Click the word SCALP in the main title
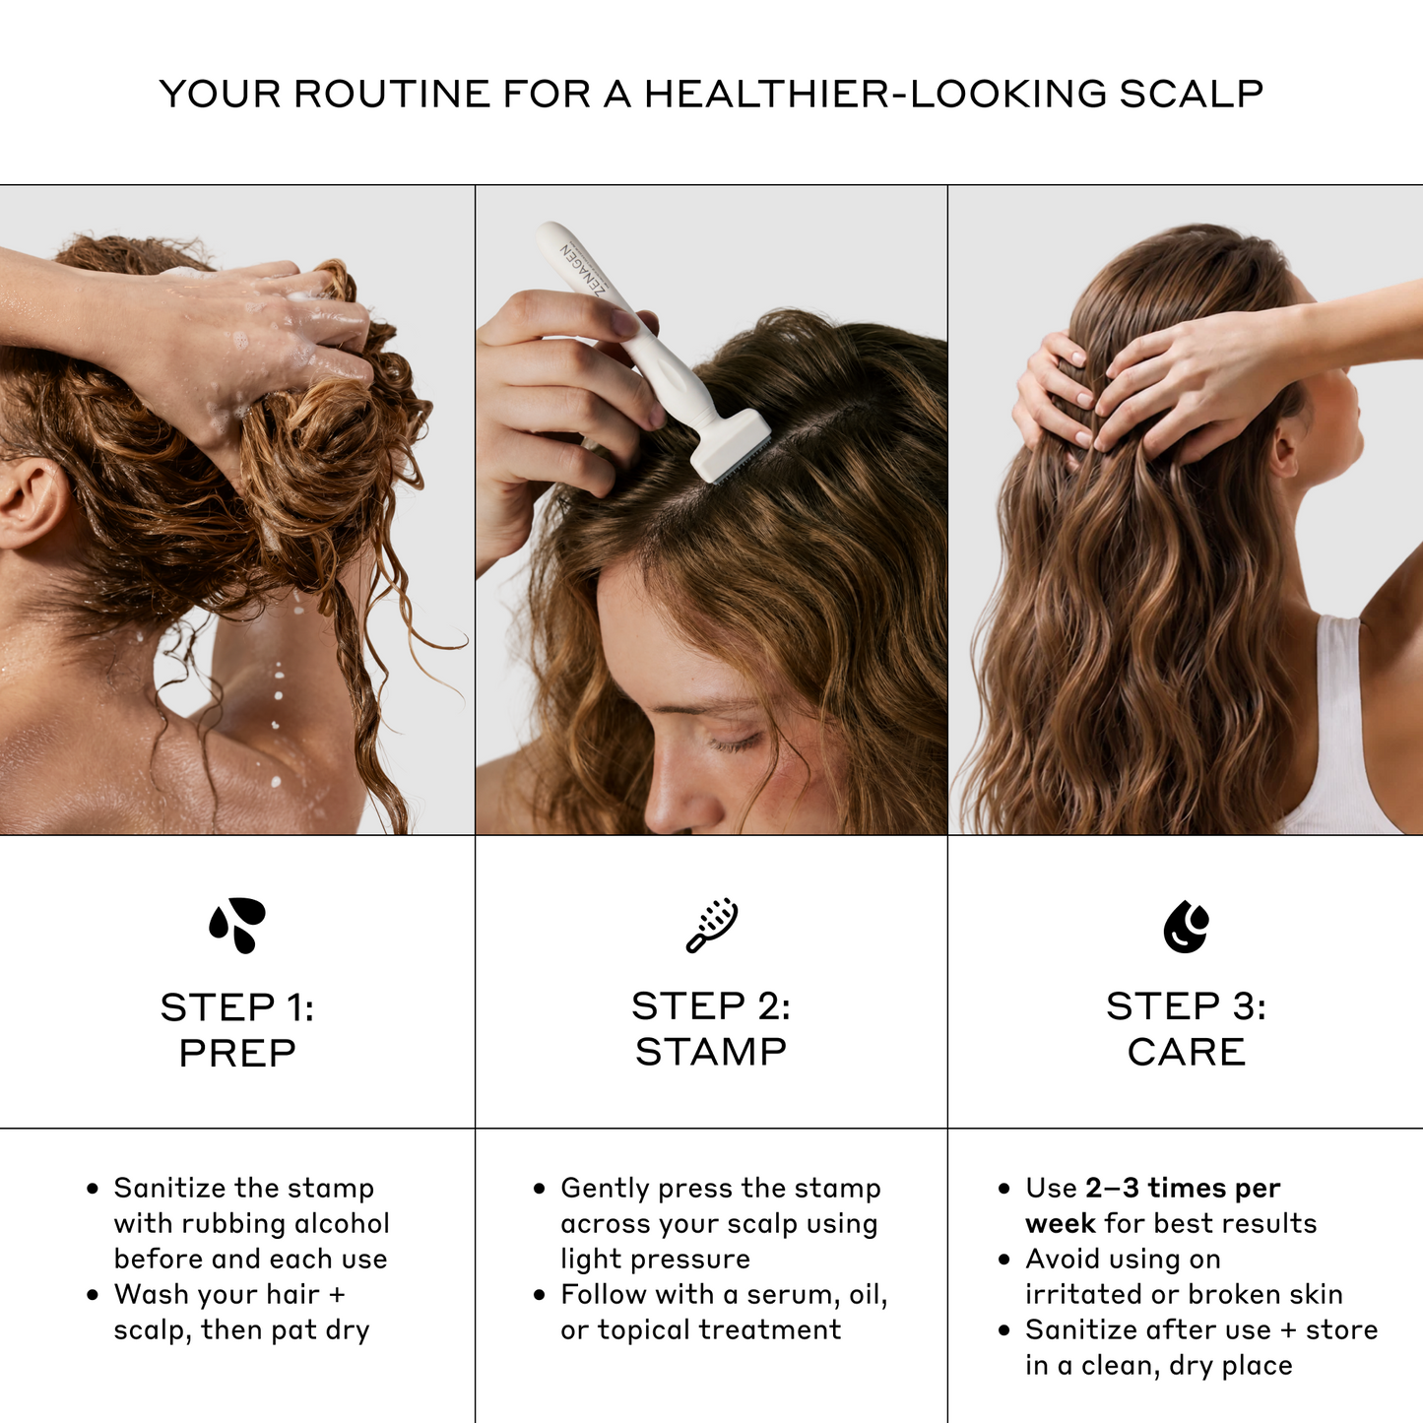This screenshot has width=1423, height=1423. pos(1191,94)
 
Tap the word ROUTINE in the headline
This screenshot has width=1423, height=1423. pos(391,94)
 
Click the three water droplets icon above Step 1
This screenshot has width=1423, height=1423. pos(237,926)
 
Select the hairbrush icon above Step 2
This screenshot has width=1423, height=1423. pos(712,926)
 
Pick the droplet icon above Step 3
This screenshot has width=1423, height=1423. pos(1186,927)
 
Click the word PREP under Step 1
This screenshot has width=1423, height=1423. pos(237,1053)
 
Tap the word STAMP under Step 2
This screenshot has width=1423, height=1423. pos(711,1052)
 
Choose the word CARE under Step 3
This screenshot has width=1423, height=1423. pos(1186,1052)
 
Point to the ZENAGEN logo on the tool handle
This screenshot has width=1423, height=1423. pos(583,272)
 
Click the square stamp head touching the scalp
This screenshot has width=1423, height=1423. pos(731,447)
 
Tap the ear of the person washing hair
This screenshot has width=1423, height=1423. pos(30,502)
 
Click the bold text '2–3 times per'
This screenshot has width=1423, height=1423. pos(1183,1189)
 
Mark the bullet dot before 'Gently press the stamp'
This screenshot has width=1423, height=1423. pos(539,1189)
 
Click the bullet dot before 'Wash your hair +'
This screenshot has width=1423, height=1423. pos(93,1295)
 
